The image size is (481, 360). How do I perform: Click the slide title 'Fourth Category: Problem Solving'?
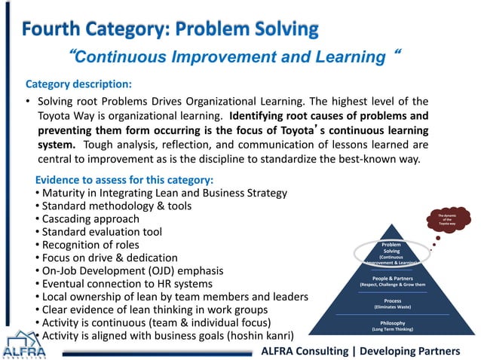(170, 29)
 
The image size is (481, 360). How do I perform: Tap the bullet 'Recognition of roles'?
(90, 245)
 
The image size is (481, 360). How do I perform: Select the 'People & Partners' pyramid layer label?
(391, 281)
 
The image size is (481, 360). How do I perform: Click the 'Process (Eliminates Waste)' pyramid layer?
(391, 303)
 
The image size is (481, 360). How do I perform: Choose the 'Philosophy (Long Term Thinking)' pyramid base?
(391, 325)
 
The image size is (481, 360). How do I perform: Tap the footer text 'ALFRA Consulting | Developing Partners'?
(360, 351)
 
